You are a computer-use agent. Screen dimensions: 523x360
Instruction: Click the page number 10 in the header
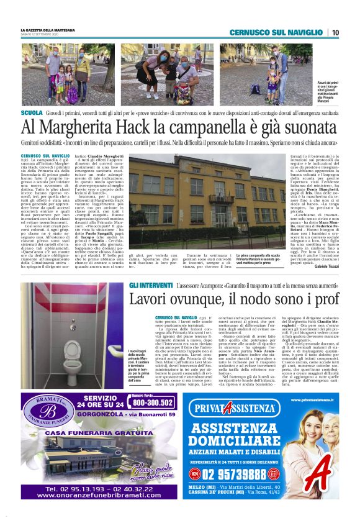335,32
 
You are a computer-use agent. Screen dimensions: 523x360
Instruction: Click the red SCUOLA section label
32,114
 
